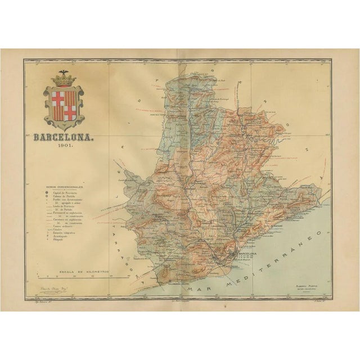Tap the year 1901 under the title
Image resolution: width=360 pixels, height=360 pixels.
pos(63,145)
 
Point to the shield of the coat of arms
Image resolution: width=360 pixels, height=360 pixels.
pos(64,105)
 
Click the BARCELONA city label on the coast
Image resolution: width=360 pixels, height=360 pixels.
pos(247,254)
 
